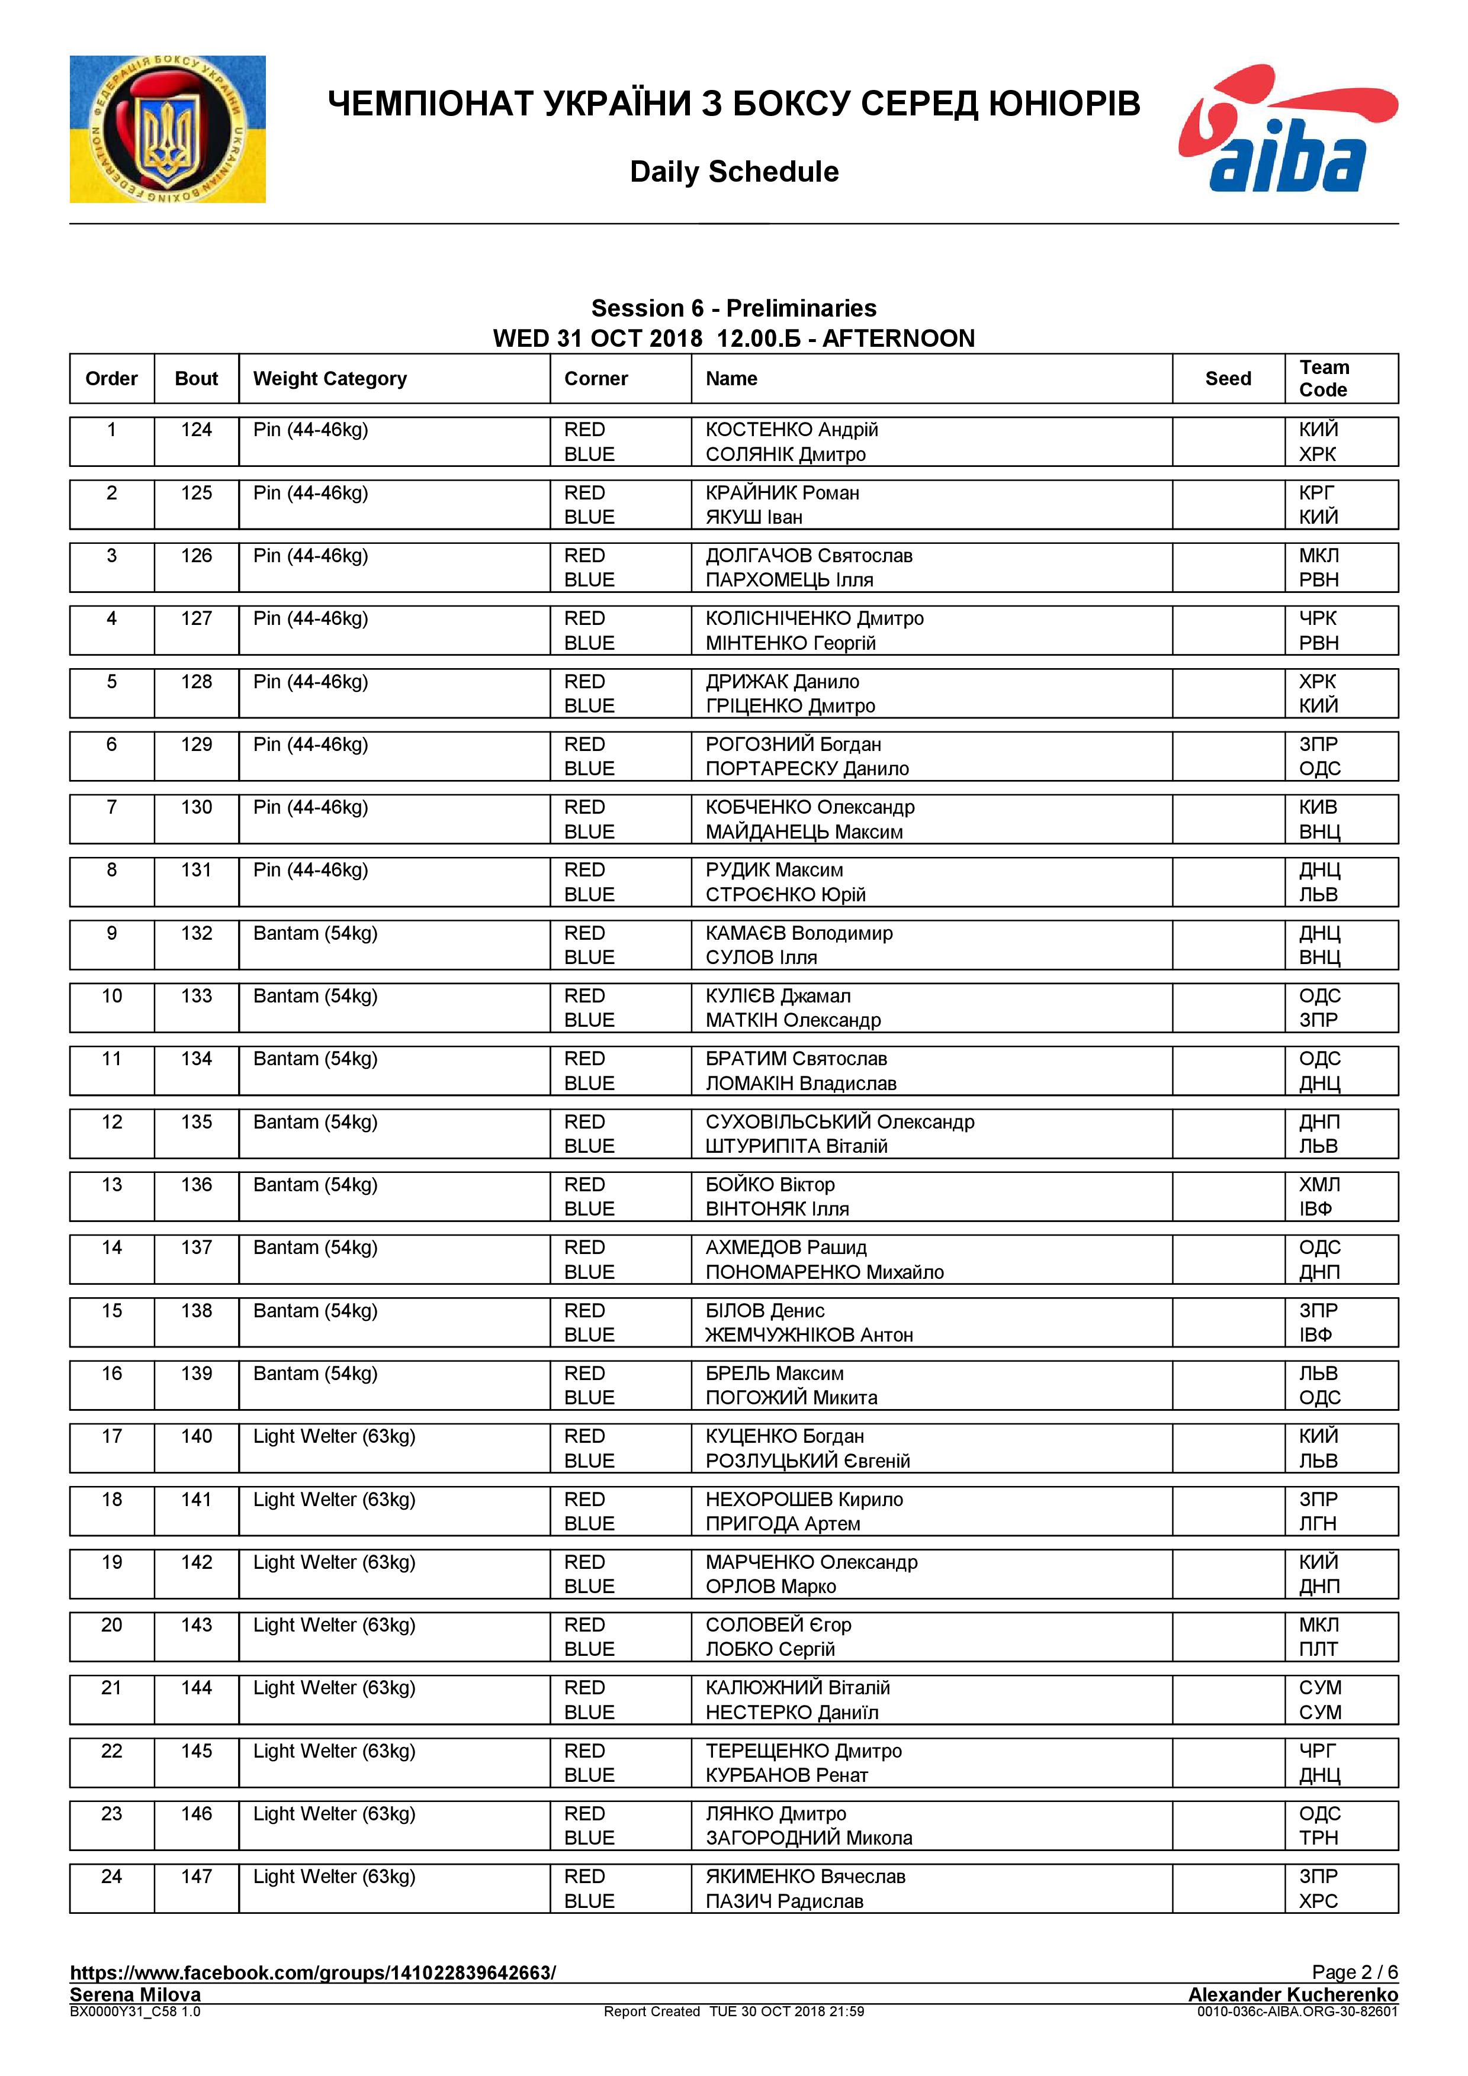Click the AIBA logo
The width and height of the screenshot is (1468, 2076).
1287,128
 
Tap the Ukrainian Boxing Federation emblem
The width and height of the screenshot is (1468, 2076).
168,129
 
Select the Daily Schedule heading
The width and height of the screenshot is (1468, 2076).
734,172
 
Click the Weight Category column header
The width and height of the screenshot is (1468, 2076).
330,379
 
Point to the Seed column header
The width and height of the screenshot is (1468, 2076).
1228,379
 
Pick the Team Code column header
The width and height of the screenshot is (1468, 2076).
1324,379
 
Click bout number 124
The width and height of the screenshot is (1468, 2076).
196,430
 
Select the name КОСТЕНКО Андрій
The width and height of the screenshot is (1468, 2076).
791,430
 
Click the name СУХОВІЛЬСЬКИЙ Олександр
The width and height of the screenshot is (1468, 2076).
839,1122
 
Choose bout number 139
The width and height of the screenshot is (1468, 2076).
196,1374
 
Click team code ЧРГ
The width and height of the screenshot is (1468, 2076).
1317,1751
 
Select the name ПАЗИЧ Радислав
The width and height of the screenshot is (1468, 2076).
783,1901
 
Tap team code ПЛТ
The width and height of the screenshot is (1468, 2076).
1318,1649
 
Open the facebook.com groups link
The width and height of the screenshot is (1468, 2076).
313,1972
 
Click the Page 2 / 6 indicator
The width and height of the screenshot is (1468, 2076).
1354,1972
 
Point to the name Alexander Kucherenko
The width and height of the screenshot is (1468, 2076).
1293,1994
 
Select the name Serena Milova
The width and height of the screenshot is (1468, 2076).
135,1994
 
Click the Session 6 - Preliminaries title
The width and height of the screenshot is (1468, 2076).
734,308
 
